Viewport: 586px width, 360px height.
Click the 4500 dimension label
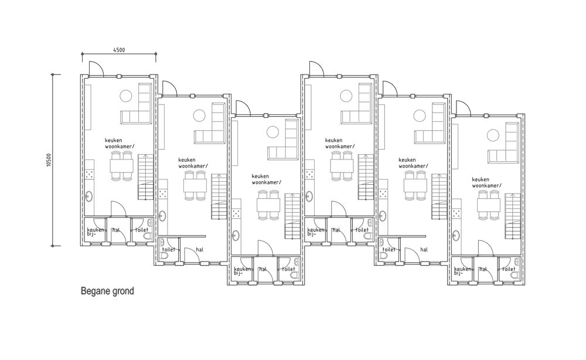pos(119,50)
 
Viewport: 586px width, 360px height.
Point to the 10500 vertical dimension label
pos(49,160)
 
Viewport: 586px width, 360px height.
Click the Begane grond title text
pos(107,291)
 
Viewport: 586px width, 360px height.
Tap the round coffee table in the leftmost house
pos(126,96)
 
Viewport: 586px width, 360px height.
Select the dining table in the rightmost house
pos(489,205)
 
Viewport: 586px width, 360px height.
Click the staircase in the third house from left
pos(292,216)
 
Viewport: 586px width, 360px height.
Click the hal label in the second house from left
pos(200,249)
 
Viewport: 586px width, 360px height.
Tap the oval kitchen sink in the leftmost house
pos(89,196)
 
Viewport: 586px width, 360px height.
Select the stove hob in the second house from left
pos(162,193)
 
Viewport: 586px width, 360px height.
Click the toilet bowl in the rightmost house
pos(515,275)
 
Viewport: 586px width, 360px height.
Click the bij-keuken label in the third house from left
pos(243,270)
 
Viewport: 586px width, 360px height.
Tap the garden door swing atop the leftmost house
pos(96,68)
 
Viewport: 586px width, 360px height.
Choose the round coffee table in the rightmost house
pos(493,135)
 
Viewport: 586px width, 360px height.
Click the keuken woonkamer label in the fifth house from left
pos(413,162)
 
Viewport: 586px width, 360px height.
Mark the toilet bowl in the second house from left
pos(164,256)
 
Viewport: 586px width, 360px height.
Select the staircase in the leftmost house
pos(145,177)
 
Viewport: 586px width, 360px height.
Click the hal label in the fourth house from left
pos(336,230)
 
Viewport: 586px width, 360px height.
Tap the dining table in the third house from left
pos(268,205)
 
